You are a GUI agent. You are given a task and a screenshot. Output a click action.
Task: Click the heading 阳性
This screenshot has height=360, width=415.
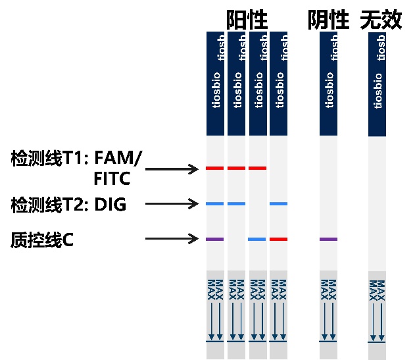(x=247, y=20)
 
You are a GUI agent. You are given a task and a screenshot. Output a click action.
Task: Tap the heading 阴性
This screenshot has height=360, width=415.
(x=328, y=20)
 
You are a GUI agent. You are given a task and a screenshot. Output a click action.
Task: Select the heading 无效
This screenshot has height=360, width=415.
(x=381, y=20)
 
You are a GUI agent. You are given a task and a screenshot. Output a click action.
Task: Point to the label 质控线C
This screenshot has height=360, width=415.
(x=41, y=240)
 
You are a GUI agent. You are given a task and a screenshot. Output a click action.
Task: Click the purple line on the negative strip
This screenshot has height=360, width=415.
(x=328, y=239)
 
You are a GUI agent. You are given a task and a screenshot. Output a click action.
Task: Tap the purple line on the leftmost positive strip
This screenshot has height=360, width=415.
(x=215, y=239)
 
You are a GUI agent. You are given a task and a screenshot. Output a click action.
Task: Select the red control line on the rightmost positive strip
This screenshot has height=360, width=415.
(x=278, y=239)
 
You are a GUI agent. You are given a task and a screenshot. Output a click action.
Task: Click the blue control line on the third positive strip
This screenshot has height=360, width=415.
(x=257, y=239)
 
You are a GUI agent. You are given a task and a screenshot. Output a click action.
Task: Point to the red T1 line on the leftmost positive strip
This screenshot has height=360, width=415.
(x=215, y=168)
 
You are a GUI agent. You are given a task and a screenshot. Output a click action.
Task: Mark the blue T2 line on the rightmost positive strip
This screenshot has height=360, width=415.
(x=278, y=204)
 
